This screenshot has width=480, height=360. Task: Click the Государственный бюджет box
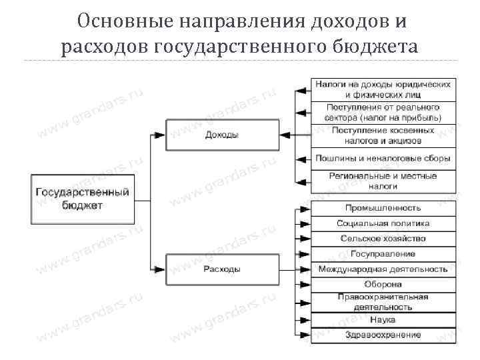(x=81, y=199)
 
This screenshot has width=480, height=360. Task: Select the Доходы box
(x=222, y=135)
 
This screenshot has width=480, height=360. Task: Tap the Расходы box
(x=222, y=269)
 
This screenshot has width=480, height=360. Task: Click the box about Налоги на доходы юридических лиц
(x=383, y=90)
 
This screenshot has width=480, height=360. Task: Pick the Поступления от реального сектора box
(x=383, y=112)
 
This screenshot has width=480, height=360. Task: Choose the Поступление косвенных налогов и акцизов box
(x=383, y=135)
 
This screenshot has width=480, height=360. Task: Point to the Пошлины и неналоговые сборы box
(x=383, y=159)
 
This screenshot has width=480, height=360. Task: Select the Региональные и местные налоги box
(x=383, y=181)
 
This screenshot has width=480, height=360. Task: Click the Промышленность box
(x=383, y=208)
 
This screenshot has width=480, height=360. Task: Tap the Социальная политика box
(x=383, y=223)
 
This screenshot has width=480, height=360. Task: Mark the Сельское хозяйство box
(x=383, y=238)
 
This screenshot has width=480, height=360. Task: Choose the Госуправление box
(x=383, y=253)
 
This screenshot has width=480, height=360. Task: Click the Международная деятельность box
(x=383, y=269)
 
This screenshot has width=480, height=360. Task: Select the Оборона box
(x=383, y=285)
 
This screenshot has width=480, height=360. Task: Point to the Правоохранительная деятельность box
(x=383, y=301)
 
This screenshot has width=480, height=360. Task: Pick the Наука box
(x=383, y=320)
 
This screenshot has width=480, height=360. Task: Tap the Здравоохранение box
(x=383, y=334)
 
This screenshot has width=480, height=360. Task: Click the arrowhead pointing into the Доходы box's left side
(x=160, y=135)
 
